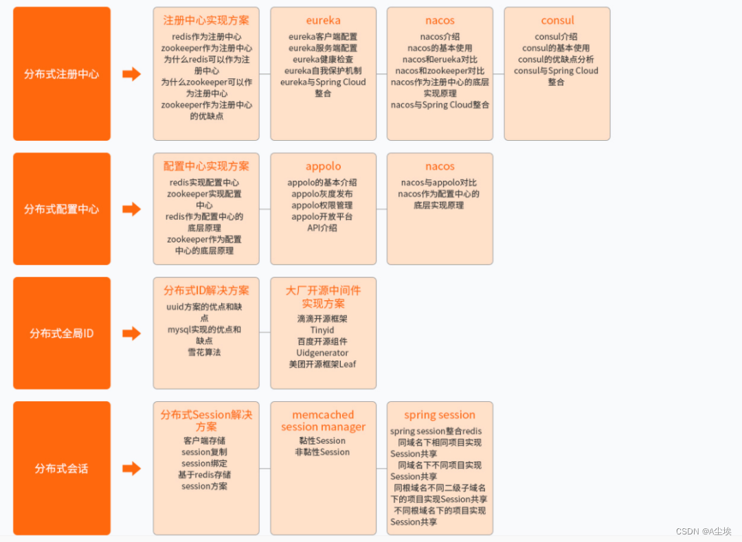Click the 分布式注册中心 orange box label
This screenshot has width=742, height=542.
[62, 74]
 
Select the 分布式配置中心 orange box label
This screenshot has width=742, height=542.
[62, 210]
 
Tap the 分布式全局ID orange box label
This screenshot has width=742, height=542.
[62, 334]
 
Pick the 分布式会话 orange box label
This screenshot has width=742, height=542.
[62, 469]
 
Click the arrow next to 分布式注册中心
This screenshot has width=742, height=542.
[131, 74]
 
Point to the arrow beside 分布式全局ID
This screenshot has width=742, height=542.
[131, 334]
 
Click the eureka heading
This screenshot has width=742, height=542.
[323, 21]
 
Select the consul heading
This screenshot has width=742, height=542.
[557, 21]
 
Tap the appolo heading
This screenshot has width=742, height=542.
[323, 166]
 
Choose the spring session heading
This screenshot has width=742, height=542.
[440, 415]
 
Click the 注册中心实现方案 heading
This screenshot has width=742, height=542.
[206, 21]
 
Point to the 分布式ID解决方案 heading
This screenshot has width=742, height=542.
[206, 291]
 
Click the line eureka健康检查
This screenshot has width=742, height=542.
[323, 60]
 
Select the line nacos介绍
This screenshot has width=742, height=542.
[440, 37]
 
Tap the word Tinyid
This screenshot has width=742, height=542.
[322, 330]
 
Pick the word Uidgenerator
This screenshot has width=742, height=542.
[322, 353]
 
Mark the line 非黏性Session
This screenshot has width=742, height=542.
[322, 452]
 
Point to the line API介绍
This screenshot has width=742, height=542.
[322, 228]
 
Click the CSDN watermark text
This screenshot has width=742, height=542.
[704, 531]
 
